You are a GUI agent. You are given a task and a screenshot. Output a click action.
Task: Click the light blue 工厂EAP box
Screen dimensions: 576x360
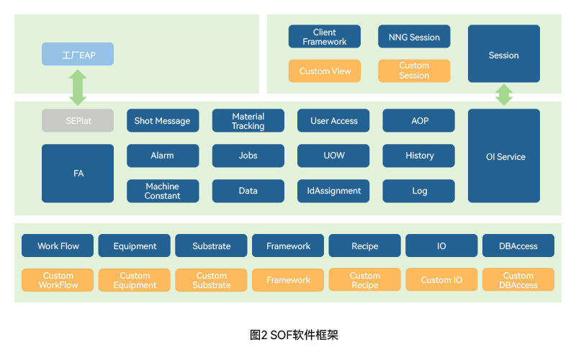click(x=78, y=54)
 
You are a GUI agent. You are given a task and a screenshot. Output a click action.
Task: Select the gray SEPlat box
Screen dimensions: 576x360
click(x=78, y=120)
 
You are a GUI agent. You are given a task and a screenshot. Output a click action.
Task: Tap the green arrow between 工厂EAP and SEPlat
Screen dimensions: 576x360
click(x=78, y=87)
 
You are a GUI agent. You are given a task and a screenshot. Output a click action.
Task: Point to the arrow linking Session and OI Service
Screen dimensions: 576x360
click(x=504, y=95)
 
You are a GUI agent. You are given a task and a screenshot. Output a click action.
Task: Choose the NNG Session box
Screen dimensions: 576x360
click(x=414, y=37)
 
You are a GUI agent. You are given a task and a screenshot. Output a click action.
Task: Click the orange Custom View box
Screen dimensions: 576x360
click(x=325, y=71)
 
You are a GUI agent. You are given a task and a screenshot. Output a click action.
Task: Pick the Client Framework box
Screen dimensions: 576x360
click(x=325, y=37)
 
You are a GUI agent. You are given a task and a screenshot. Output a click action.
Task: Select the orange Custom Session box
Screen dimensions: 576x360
click(x=414, y=71)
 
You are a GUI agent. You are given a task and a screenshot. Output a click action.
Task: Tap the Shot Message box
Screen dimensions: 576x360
click(x=163, y=120)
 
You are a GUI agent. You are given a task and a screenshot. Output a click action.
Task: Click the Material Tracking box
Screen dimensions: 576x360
click(x=248, y=120)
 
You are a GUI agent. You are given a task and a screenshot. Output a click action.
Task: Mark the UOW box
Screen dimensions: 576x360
click(x=333, y=156)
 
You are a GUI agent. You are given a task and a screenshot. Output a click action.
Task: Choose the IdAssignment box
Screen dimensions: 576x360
click(x=333, y=191)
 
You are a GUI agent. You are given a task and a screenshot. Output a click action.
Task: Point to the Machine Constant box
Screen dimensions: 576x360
click(x=163, y=191)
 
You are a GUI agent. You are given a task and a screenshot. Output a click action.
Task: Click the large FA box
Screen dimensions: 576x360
click(x=78, y=174)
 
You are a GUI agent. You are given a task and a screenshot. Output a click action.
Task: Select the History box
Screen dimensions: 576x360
click(x=418, y=156)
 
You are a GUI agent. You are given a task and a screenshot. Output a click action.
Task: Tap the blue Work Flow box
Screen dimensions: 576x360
click(x=58, y=246)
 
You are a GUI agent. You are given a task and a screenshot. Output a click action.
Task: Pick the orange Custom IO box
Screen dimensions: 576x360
click(x=441, y=279)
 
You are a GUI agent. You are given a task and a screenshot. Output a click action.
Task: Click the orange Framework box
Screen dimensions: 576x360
click(x=287, y=280)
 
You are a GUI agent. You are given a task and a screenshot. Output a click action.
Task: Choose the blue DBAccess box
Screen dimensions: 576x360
click(x=518, y=246)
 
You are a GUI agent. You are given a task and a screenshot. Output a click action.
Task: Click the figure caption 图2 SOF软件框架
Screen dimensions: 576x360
click(x=294, y=335)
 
